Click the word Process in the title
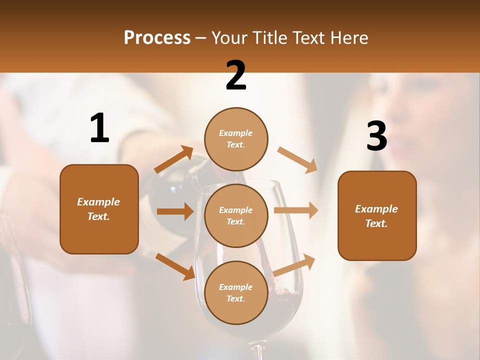pyautogui.click(x=157, y=38)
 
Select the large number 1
pyautogui.click(x=99, y=128)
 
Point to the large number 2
pyautogui.click(x=236, y=75)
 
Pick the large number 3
pyautogui.click(x=376, y=136)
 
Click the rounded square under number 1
pyautogui.click(x=99, y=209)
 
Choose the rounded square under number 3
pyautogui.click(x=377, y=215)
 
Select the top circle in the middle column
pyautogui.click(x=236, y=139)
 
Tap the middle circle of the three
pyautogui.click(x=236, y=215)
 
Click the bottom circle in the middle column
pyautogui.click(x=236, y=292)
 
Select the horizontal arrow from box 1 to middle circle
pyautogui.click(x=175, y=211)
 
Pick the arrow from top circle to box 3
pyautogui.click(x=297, y=159)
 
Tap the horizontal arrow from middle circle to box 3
pyautogui.click(x=296, y=210)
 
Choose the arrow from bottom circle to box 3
pyautogui.click(x=294, y=265)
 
